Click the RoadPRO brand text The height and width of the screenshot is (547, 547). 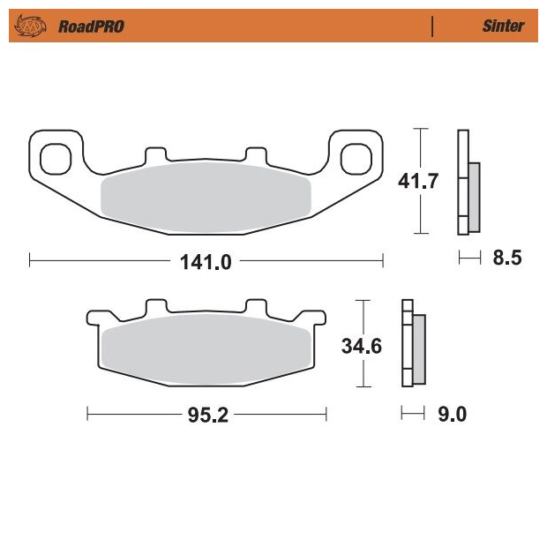click(91, 26)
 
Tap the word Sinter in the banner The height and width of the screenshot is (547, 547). click(503, 26)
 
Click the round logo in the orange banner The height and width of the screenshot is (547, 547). click(30, 26)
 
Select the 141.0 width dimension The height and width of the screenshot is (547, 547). click(206, 262)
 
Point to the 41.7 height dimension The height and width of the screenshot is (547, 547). click(418, 181)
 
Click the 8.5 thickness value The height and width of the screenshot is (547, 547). click(507, 258)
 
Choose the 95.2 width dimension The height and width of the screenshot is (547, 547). click(208, 415)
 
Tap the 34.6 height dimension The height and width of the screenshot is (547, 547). click(362, 346)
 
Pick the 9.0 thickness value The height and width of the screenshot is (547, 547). click(452, 414)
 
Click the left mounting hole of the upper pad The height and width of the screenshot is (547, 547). click(56, 159)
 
